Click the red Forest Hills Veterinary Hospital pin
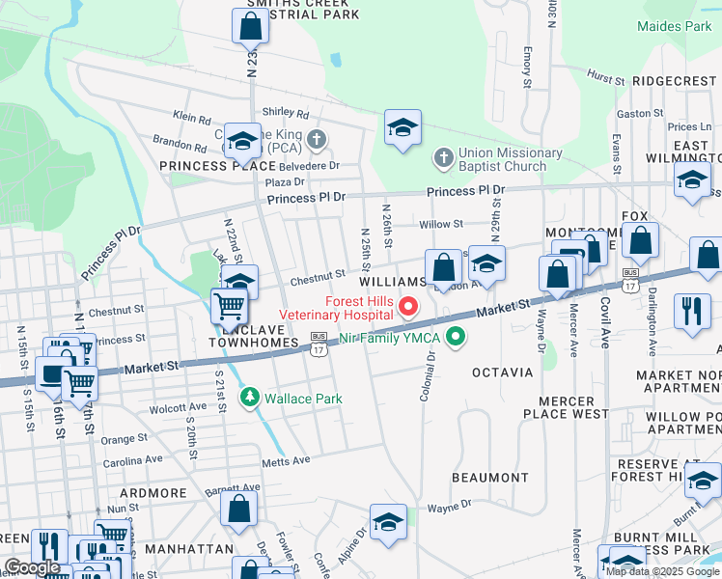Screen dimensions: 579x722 pos(408,308)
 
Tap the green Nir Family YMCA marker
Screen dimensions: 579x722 pos(450,338)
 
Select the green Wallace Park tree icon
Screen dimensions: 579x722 pos(250,397)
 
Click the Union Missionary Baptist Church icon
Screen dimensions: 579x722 pos(443,157)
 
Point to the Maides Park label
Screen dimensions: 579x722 pos(674,26)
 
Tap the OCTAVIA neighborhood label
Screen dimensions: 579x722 pos(502,372)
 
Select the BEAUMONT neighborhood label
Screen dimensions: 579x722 pos(489,478)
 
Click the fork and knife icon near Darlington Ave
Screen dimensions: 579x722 pos(692,311)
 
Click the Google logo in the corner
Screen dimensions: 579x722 pos(32,567)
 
